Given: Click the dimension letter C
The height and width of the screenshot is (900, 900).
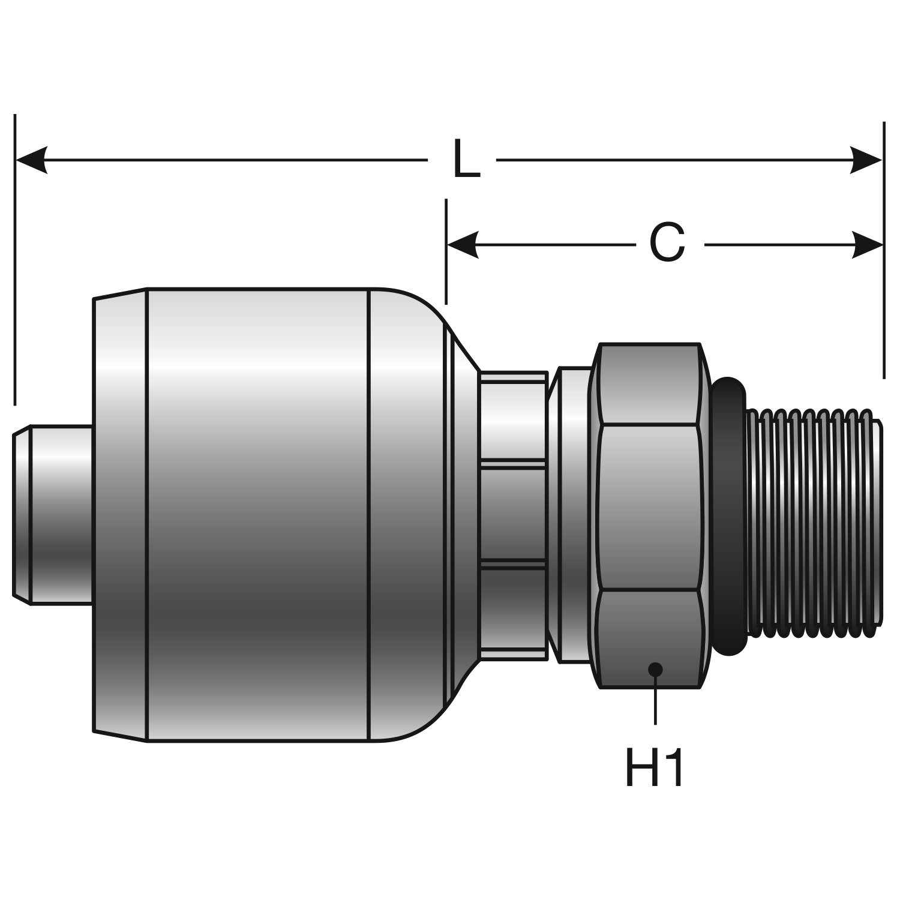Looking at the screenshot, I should coord(667,244).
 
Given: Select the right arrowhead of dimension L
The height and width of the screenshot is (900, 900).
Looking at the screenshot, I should coord(867,160).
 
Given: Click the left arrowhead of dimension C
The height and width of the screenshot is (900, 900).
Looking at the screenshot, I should coord(463,245).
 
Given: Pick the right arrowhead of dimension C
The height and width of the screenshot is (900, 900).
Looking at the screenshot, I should coord(868,245).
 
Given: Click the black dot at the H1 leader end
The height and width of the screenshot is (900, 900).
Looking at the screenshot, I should coord(655,669).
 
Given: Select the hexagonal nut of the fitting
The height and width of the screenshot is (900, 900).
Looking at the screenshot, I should coord(651,516).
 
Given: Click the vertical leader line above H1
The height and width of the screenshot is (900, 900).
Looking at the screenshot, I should coord(655,702).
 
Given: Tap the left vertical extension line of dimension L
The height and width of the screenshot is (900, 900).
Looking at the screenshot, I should coord(15,258).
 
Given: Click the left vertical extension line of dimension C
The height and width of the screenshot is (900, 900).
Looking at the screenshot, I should coord(446,252).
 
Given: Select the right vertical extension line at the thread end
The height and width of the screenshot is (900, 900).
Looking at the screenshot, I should coord(883,252).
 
